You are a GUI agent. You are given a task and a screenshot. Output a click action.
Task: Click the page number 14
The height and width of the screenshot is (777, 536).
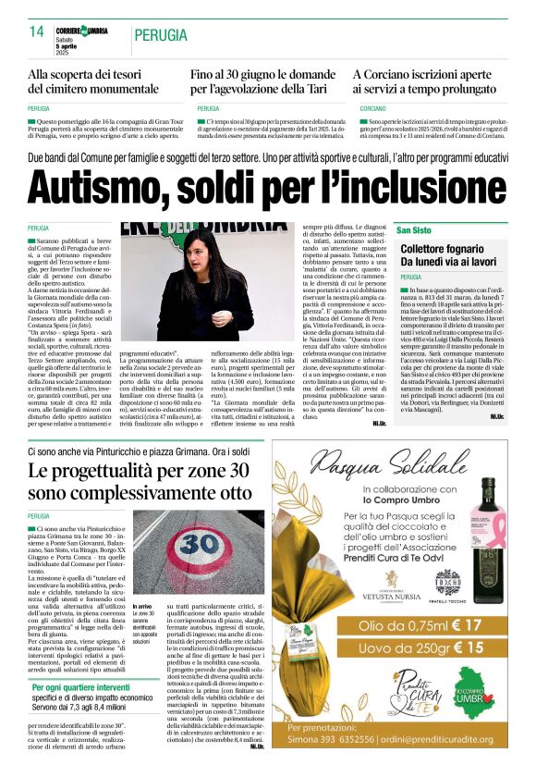(37, 31)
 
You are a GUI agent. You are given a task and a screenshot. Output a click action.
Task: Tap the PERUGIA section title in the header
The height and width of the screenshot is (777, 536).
(164, 34)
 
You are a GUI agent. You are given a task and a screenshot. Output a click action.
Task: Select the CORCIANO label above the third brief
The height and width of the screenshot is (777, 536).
(367, 108)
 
